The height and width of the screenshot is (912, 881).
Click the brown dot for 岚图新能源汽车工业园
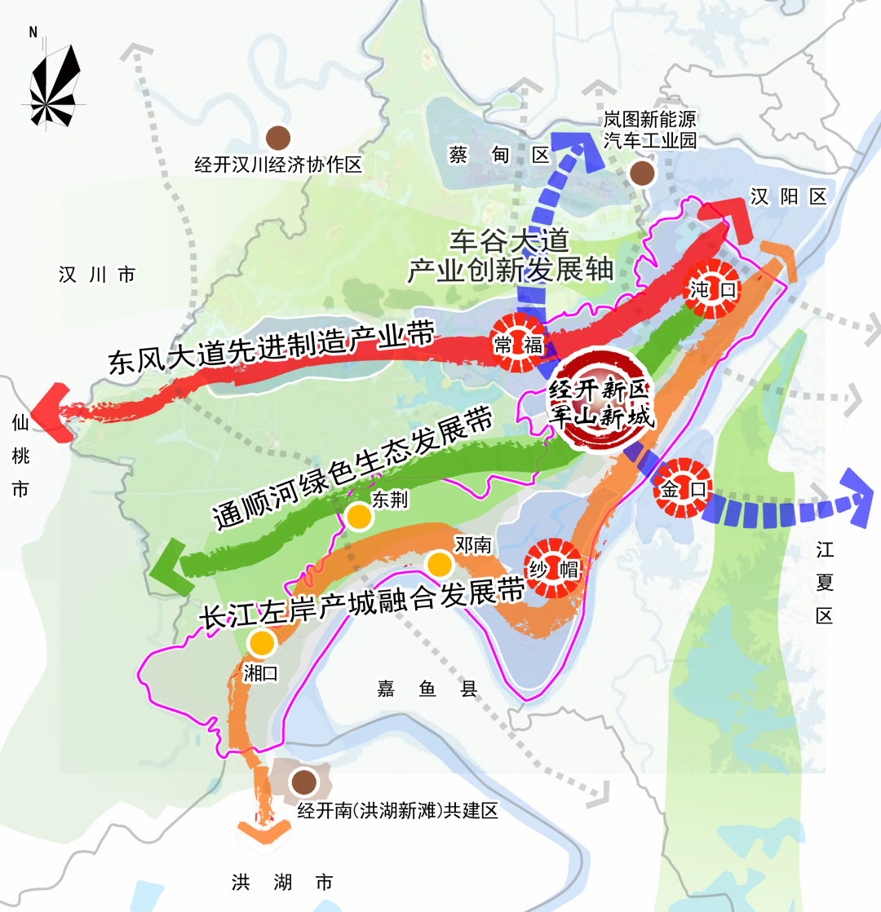point(642,173)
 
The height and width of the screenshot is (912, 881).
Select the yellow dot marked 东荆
point(357,517)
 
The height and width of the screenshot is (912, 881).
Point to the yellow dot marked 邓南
point(439,564)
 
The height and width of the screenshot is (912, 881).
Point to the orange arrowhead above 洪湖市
point(263,831)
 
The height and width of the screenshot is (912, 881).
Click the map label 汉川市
point(96,275)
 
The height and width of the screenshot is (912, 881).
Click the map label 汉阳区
point(789,196)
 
